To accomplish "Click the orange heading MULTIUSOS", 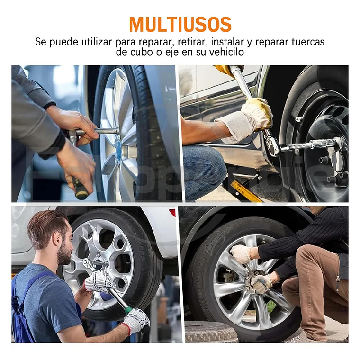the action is pos(180,24).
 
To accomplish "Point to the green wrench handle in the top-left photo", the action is pos(81,188).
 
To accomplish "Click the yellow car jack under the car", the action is pos(246,191).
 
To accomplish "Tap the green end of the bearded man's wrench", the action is pos(128,310).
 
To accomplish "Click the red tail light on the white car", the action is pos(172,213).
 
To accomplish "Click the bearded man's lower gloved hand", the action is pos(136,321).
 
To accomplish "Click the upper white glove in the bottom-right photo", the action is pos(242,254).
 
